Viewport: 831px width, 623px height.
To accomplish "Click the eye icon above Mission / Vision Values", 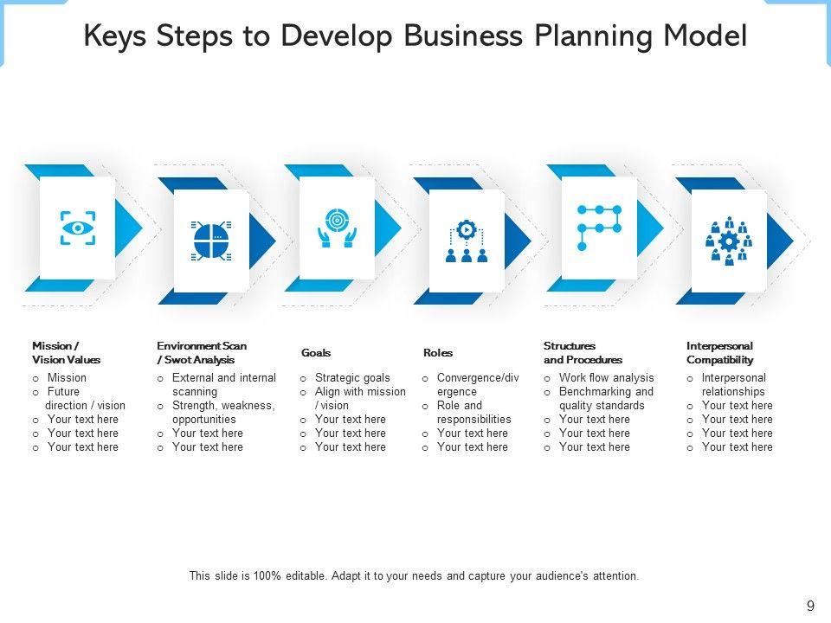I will pos(78,228).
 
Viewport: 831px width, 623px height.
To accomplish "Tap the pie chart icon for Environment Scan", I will pos(211,241).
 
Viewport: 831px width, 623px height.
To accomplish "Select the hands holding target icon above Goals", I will pos(337,228).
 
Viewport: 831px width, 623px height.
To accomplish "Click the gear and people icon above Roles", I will pos(467,241).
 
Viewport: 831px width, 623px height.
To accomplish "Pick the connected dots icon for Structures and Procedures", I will pos(599,228).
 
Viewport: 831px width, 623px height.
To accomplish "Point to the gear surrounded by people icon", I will pos(729,241).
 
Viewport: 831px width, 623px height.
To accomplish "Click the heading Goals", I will pos(316,353).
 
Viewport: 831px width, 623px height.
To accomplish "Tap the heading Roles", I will pos(438,353).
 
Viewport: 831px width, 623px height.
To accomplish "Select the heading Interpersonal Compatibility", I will pos(720,353).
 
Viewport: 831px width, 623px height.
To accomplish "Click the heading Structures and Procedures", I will pos(583,353).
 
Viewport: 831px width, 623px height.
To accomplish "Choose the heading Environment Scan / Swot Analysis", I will pos(202,353).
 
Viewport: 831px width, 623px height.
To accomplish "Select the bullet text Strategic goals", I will pos(352,378).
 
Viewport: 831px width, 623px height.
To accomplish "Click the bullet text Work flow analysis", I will pos(606,378).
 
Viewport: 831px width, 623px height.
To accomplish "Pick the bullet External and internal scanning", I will pos(223,384).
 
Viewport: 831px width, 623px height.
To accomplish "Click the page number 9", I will pos(810,607).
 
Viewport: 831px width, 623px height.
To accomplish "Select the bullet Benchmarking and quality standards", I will pos(606,398).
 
